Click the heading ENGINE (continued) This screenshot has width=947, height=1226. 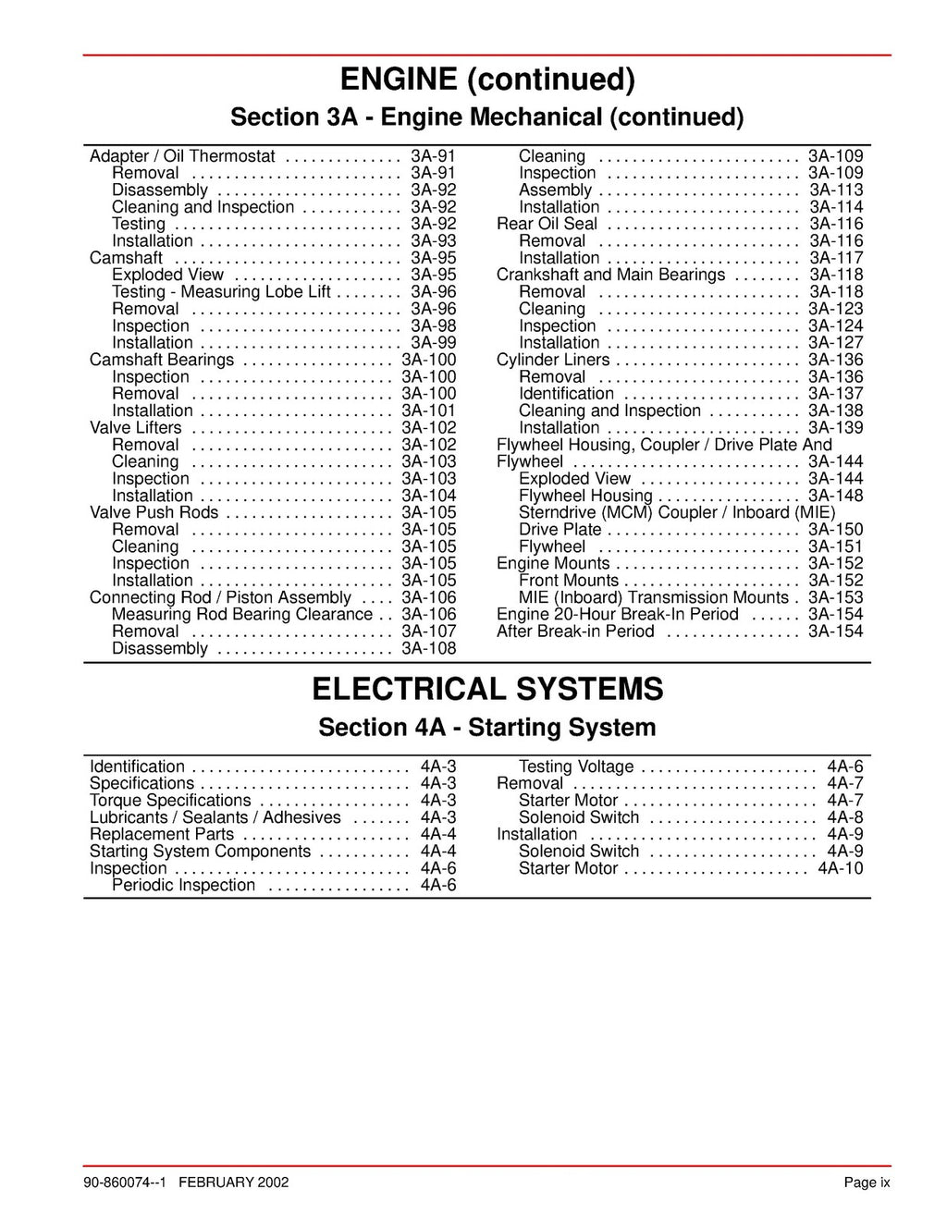click(x=487, y=80)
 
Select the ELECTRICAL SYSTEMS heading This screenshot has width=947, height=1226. click(x=487, y=689)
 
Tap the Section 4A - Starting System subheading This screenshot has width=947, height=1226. click(x=487, y=728)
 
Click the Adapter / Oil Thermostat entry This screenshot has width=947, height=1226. click(x=182, y=156)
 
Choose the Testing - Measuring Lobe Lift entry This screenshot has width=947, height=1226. click(x=221, y=292)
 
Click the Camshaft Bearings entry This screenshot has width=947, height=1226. click(x=162, y=360)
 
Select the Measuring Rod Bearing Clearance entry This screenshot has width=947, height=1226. click(x=242, y=615)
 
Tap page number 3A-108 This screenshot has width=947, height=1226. click(x=428, y=649)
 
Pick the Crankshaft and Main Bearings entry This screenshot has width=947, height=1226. click(x=610, y=275)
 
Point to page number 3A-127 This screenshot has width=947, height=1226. click(x=835, y=343)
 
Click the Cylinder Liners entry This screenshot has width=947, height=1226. click(x=553, y=360)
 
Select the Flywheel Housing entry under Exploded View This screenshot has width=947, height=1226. click(x=585, y=496)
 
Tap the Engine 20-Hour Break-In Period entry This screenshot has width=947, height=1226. click(x=618, y=615)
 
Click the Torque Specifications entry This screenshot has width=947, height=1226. click(x=170, y=801)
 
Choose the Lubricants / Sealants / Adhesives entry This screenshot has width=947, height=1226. click(x=215, y=817)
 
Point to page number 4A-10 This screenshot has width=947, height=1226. click(x=840, y=868)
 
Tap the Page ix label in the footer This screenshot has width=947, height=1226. click(x=867, y=1182)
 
